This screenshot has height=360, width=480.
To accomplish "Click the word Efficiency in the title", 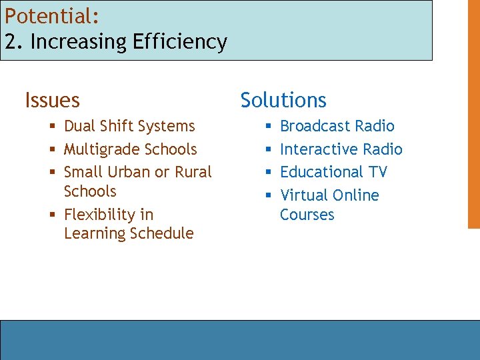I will (x=179, y=42).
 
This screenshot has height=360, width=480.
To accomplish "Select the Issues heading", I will (x=52, y=101).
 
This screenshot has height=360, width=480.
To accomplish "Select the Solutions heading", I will (x=283, y=100).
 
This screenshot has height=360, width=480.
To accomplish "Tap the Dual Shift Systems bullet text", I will (x=129, y=126).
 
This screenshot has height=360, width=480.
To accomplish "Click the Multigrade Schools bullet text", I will (x=130, y=149).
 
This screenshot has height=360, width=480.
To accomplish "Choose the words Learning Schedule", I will (x=129, y=234).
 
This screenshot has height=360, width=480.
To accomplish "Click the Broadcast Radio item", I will (x=337, y=126).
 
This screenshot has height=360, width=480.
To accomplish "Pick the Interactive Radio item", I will (x=341, y=149).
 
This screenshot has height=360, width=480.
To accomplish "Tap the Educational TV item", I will (x=333, y=172).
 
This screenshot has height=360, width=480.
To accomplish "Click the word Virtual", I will (x=301, y=195).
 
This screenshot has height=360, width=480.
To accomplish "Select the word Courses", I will (x=307, y=215).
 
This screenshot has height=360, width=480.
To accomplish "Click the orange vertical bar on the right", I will (x=473, y=113).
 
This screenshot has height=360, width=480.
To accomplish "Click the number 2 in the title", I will (x=10, y=42).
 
